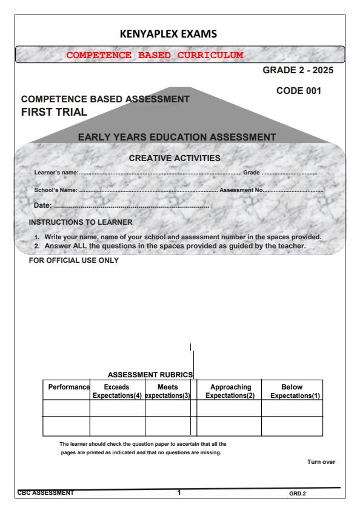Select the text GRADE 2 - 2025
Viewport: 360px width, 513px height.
pos(298,71)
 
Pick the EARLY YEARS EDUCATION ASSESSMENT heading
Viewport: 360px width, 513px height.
pos(177,137)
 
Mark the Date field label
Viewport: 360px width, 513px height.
pos(44,207)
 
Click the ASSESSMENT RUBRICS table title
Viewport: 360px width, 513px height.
pos(150,375)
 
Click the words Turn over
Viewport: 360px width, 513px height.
pos(321,462)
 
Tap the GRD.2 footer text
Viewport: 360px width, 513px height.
pos(298,493)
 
